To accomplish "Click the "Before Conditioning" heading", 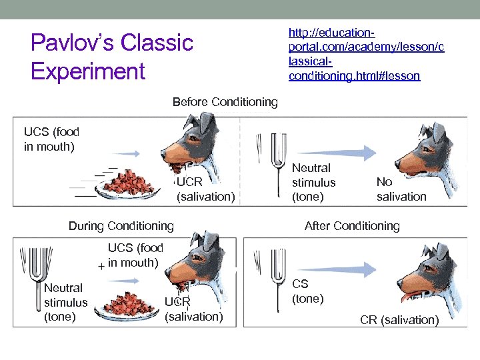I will [x=225, y=102].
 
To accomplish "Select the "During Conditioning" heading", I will [x=121, y=226].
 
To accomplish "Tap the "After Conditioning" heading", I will [x=352, y=226].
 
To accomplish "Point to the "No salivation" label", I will [x=401, y=189].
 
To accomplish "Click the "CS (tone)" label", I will [x=307, y=291].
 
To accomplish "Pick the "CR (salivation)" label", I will [x=399, y=320].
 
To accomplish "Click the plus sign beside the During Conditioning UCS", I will [x=100, y=266].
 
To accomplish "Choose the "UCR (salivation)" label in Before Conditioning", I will [x=205, y=189].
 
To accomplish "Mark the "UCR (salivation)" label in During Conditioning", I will [x=193, y=309].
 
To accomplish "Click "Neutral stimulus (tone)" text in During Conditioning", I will [x=65, y=302].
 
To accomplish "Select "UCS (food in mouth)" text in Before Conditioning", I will [x=49, y=139].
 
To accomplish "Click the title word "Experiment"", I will [x=88, y=71].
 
